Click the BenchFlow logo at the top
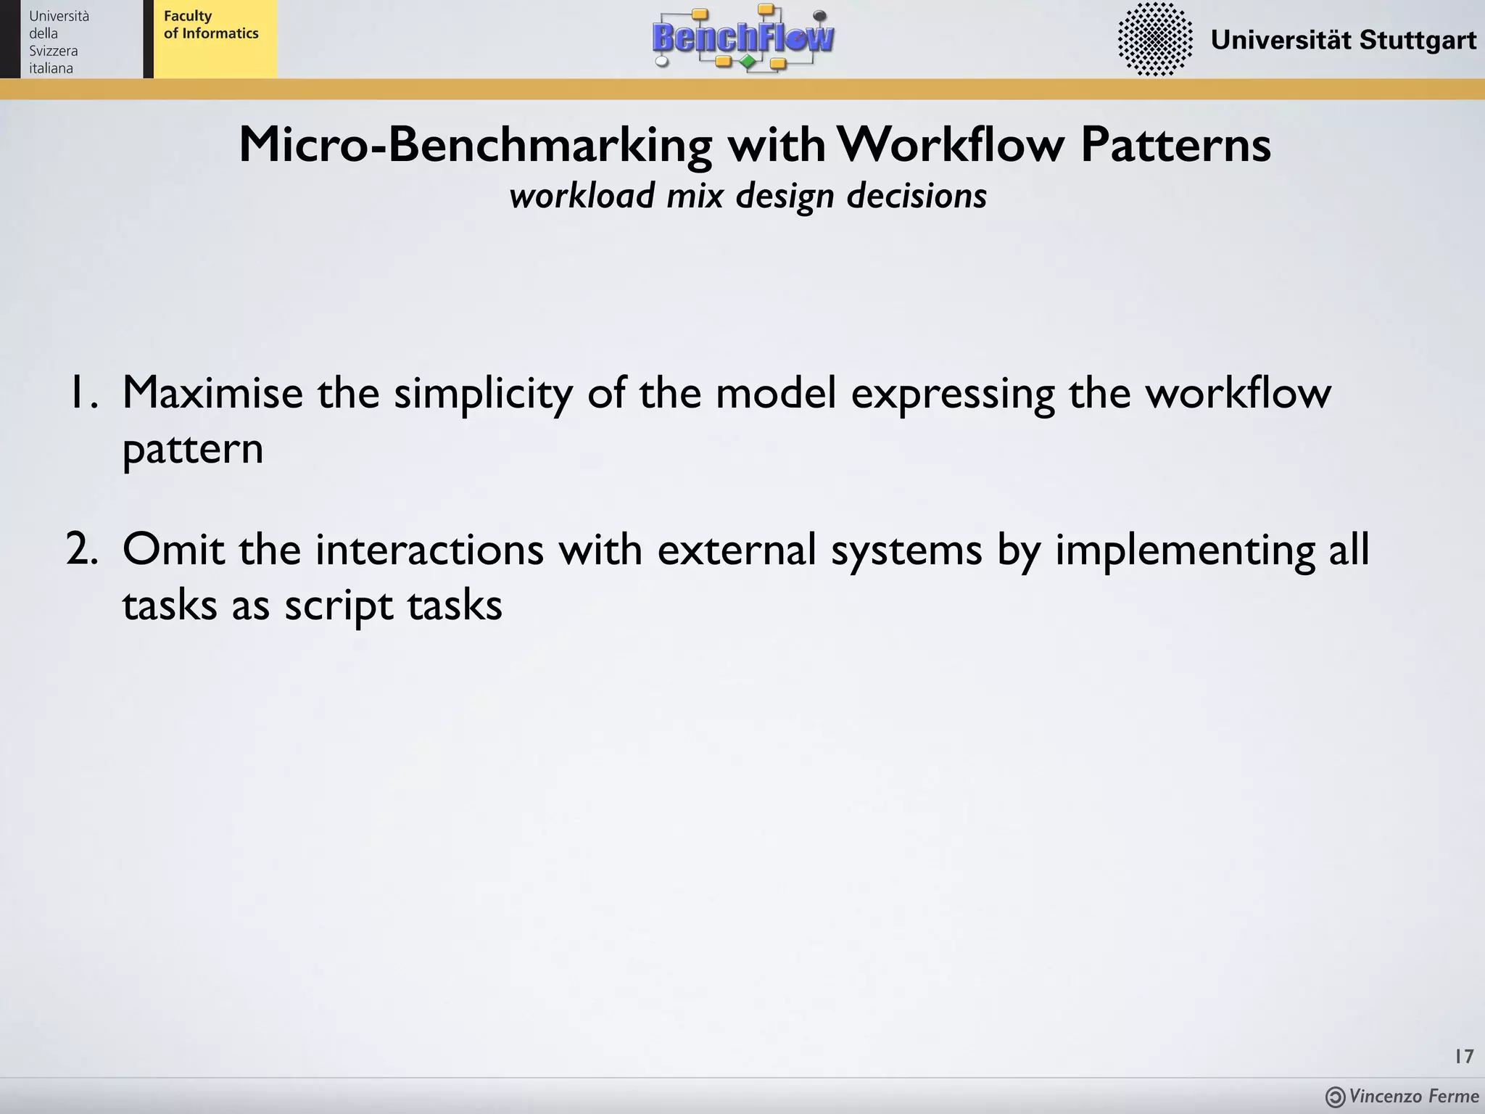[x=743, y=38]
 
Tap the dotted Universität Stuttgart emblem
[x=1155, y=39]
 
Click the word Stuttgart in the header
[x=1418, y=40]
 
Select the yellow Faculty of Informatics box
[x=215, y=39]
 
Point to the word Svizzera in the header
[x=53, y=51]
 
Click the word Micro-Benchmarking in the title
[x=476, y=144]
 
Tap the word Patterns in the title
[x=1175, y=144]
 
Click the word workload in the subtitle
[x=582, y=196]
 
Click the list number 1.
[x=81, y=394]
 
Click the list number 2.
[x=81, y=549]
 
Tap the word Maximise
[x=212, y=394]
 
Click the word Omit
[x=174, y=549]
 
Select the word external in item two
[x=737, y=549]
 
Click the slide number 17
[x=1463, y=1057]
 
